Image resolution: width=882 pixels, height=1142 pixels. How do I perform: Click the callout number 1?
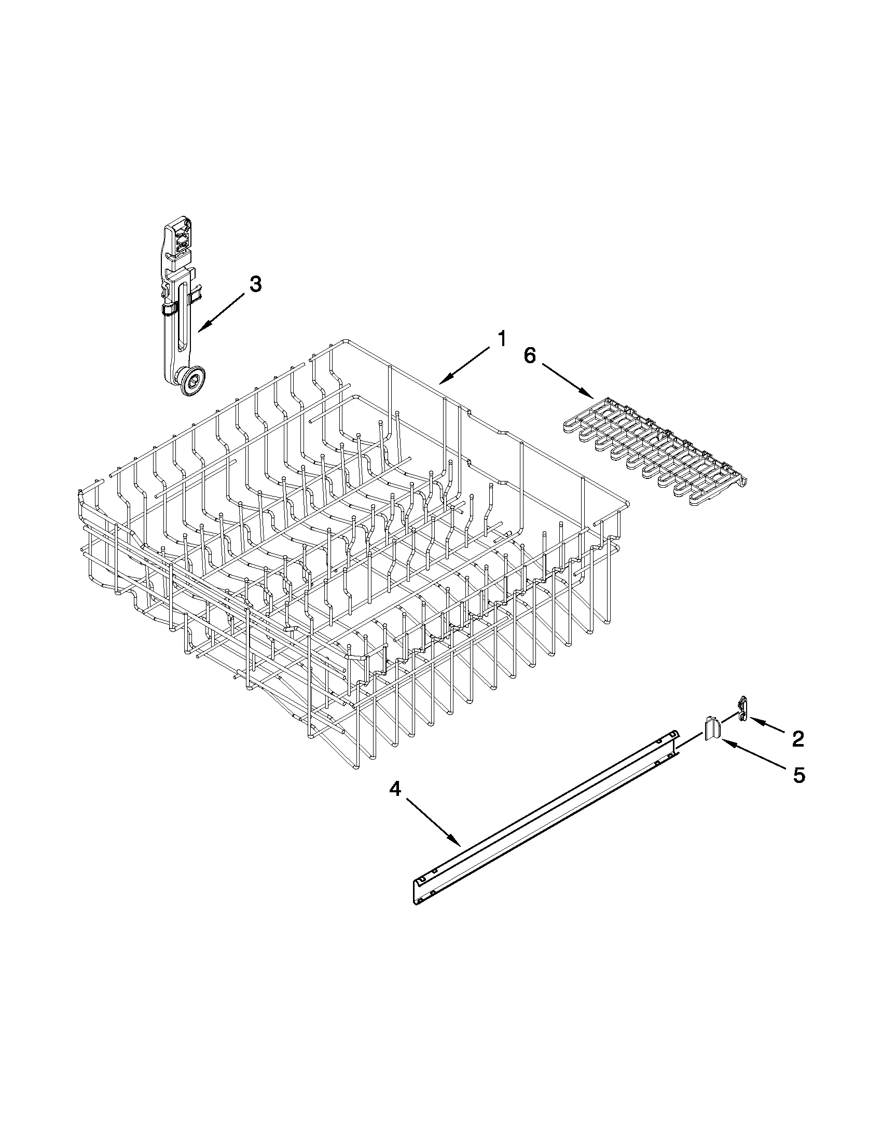(501, 339)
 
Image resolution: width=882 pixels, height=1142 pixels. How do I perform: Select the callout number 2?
(797, 739)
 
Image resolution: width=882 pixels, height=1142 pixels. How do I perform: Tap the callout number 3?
(255, 284)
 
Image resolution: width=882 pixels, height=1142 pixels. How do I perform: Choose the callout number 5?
(798, 775)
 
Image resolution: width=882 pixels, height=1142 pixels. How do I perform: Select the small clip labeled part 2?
(741, 709)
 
